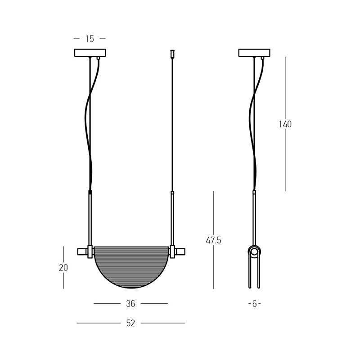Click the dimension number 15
pyautogui.click(x=90, y=39)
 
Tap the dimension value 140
pyautogui.click(x=285, y=124)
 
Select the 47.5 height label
pyautogui.click(x=213, y=240)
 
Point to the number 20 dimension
pyautogui.click(x=63, y=268)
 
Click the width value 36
pyautogui.click(x=130, y=304)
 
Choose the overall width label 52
pyautogui.click(x=130, y=323)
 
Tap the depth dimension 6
pyautogui.click(x=254, y=304)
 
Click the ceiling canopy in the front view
pyautogui.click(x=90, y=53)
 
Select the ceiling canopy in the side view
pyautogui.click(x=254, y=53)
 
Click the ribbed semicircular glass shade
pyautogui.click(x=131, y=267)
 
